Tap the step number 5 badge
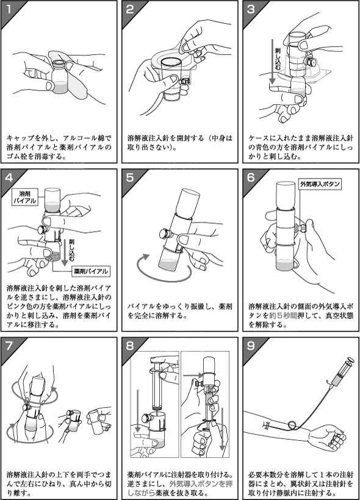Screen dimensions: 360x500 coord(129,177)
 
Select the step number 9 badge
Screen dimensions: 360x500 coord(251,346)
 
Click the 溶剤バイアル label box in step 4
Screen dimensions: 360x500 coord(24,197)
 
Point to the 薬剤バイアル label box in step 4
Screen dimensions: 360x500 coord(91,271)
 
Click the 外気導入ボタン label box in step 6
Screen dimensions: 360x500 coord(320,184)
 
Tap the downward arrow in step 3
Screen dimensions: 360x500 coord(272,62)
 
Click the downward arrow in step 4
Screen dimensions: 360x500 coord(65,252)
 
